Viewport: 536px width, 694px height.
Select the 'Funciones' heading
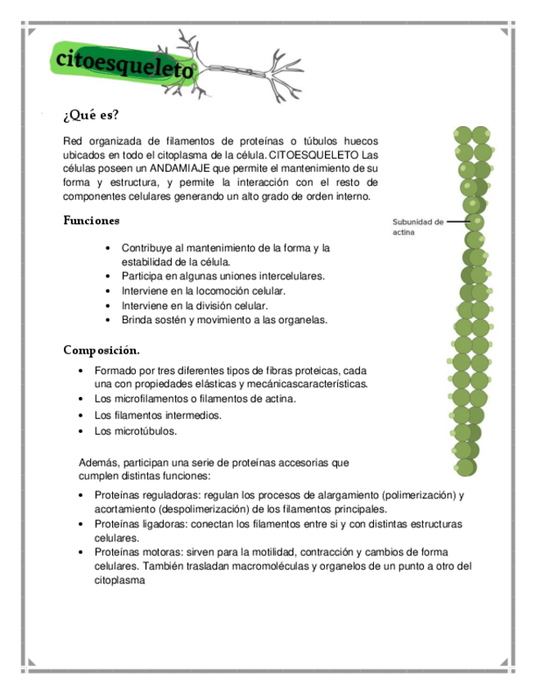92,220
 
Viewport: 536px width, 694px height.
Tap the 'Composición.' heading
101,350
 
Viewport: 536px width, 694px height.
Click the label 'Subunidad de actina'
417,227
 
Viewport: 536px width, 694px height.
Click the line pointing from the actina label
459,221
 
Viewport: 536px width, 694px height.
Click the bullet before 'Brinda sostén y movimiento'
109,320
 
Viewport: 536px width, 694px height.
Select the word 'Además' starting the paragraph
97,462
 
